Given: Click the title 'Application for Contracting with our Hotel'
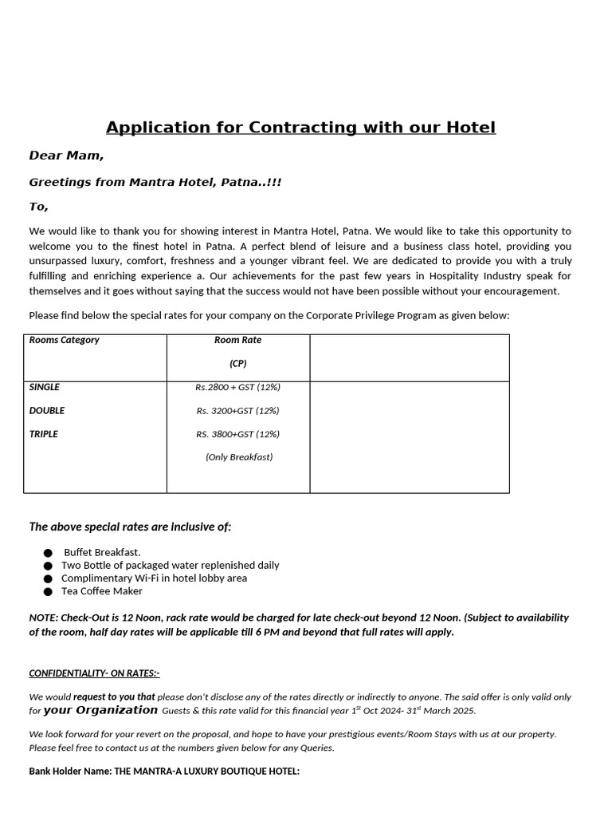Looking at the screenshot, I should click(300, 128).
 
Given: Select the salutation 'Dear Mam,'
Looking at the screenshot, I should click(66, 156).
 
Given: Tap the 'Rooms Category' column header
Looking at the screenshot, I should click(65, 340).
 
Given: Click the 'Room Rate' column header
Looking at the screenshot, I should click(237, 340).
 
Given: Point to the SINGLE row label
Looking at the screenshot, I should click(45, 387).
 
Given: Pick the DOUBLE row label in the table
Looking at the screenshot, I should click(47, 411).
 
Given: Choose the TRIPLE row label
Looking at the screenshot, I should click(44, 434).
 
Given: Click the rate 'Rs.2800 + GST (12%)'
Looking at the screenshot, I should click(237, 388).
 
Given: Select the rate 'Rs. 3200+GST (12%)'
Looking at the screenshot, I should click(237, 411).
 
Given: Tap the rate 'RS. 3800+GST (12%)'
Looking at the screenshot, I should click(237, 434).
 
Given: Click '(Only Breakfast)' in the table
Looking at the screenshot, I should click(238, 457).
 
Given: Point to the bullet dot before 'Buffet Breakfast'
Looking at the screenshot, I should click(48, 553).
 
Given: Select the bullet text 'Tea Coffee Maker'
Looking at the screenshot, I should click(102, 591).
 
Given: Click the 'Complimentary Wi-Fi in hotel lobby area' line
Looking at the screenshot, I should click(154, 578).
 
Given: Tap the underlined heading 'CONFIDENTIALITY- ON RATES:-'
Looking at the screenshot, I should click(94, 673).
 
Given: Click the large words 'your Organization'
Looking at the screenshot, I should click(100, 710).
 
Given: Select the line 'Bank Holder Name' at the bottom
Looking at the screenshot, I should click(164, 772).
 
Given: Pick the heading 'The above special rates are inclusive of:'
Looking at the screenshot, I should click(131, 527).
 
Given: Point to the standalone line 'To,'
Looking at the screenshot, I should click(39, 207).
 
